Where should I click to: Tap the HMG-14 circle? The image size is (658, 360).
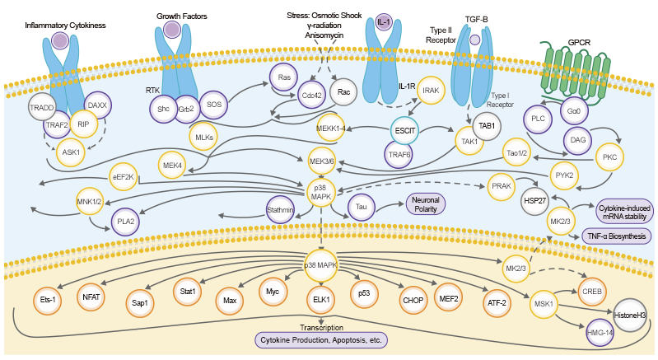tap(599, 333)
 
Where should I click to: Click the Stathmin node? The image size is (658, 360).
tap(281, 211)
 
